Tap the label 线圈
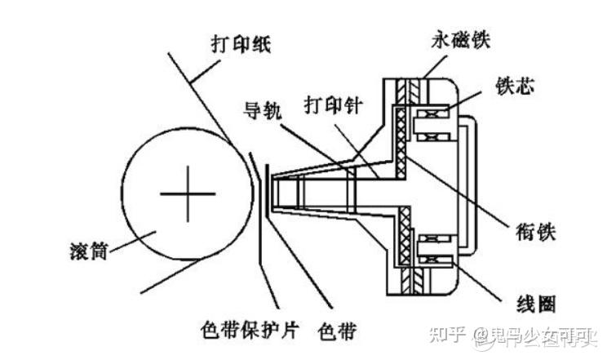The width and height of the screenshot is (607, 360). tap(535, 304)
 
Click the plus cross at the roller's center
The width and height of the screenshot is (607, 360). tap(188, 193)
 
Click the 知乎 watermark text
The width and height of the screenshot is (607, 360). tap(449, 334)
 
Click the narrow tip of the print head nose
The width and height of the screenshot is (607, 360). tap(275, 192)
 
